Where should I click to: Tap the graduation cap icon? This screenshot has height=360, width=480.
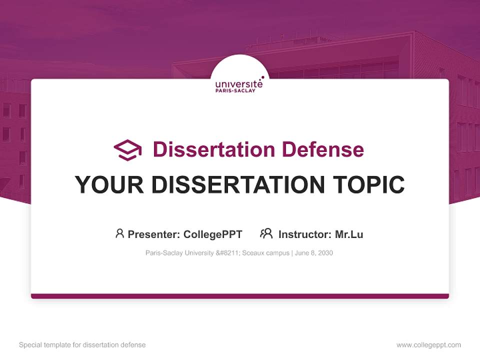[127, 150]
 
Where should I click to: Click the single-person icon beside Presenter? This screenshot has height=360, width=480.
[119, 233]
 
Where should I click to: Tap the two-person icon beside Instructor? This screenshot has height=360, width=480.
[266, 233]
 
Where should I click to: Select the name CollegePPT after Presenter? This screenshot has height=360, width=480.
[213, 234]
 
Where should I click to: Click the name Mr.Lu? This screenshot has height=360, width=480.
[349, 234]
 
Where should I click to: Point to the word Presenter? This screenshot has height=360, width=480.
[154, 234]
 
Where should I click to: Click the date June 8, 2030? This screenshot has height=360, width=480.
[314, 253]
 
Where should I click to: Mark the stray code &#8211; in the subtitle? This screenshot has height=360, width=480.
[228, 253]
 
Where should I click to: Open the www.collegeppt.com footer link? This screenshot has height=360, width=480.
[428, 345]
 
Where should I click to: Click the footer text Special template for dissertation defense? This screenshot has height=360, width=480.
[82, 345]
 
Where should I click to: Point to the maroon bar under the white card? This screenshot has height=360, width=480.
[240, 296]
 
